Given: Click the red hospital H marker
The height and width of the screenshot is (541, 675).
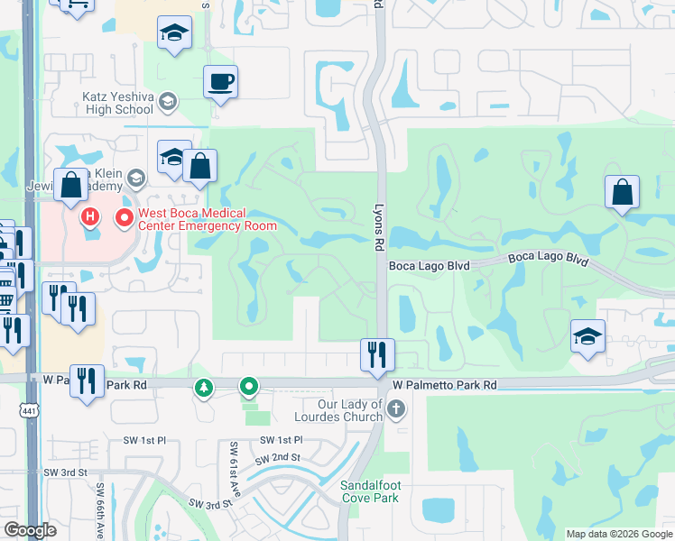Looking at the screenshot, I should (90, 217).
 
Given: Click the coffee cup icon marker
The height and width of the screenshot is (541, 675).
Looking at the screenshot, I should (220, 83).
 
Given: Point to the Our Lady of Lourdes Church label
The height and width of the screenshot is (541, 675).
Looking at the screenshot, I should (338, 411).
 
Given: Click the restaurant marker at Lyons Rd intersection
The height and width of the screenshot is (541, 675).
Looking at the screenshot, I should (376, 354).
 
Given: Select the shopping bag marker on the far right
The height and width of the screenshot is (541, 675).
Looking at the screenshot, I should (622, 192).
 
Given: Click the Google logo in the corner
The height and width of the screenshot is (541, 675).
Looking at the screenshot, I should (31, 530).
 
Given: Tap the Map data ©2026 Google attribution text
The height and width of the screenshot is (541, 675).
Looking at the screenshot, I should (618, 534).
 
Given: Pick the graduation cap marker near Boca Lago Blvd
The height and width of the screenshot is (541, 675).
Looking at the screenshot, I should (587, 336).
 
